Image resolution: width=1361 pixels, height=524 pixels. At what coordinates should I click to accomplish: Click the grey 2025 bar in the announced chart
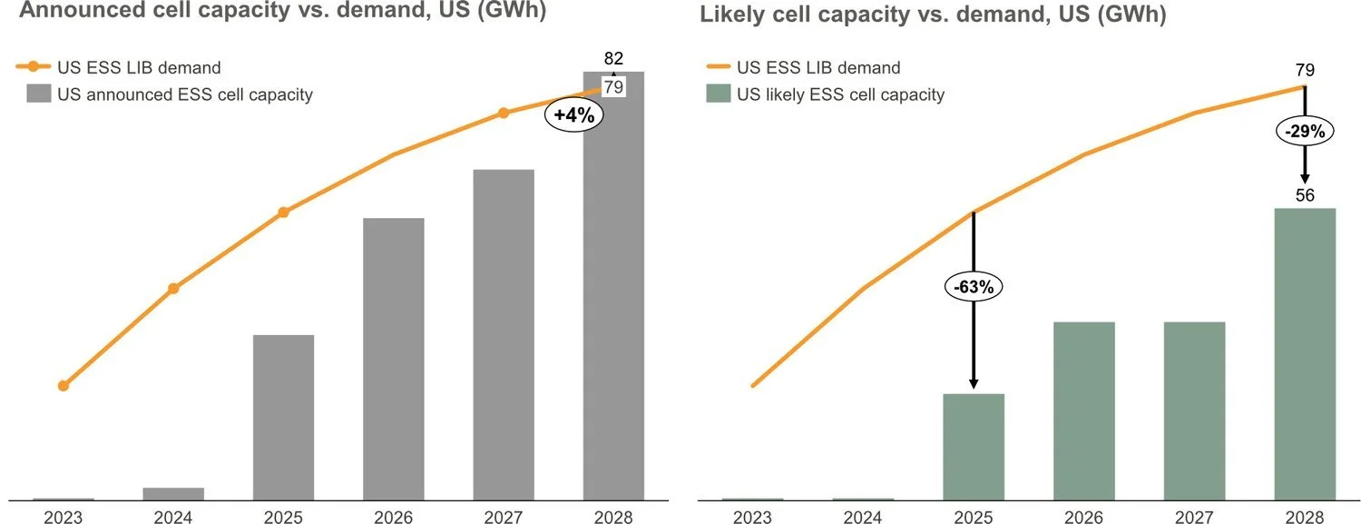283,417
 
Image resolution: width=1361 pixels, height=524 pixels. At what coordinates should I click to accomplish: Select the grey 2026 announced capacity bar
393,359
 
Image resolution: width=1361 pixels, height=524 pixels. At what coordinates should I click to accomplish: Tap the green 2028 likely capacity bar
1305,354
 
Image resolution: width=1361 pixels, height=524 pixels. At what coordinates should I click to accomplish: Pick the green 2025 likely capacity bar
974,446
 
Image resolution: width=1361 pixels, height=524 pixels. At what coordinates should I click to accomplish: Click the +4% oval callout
573,116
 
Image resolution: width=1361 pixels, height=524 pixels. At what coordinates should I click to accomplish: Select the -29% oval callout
1305,131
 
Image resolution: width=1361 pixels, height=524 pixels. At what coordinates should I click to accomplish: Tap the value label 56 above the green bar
1305,195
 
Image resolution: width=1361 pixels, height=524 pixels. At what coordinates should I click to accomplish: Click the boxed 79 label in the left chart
613,88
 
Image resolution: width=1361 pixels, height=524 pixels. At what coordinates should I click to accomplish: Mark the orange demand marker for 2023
63,386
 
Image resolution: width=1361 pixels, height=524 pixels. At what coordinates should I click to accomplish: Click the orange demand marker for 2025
283,213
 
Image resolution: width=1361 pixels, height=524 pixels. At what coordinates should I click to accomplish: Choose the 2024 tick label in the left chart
173,518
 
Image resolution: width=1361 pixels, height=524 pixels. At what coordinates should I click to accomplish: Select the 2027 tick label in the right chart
1194,518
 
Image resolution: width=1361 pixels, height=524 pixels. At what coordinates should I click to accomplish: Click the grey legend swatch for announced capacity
38,94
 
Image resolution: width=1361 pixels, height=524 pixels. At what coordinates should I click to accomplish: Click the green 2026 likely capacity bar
1084,410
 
